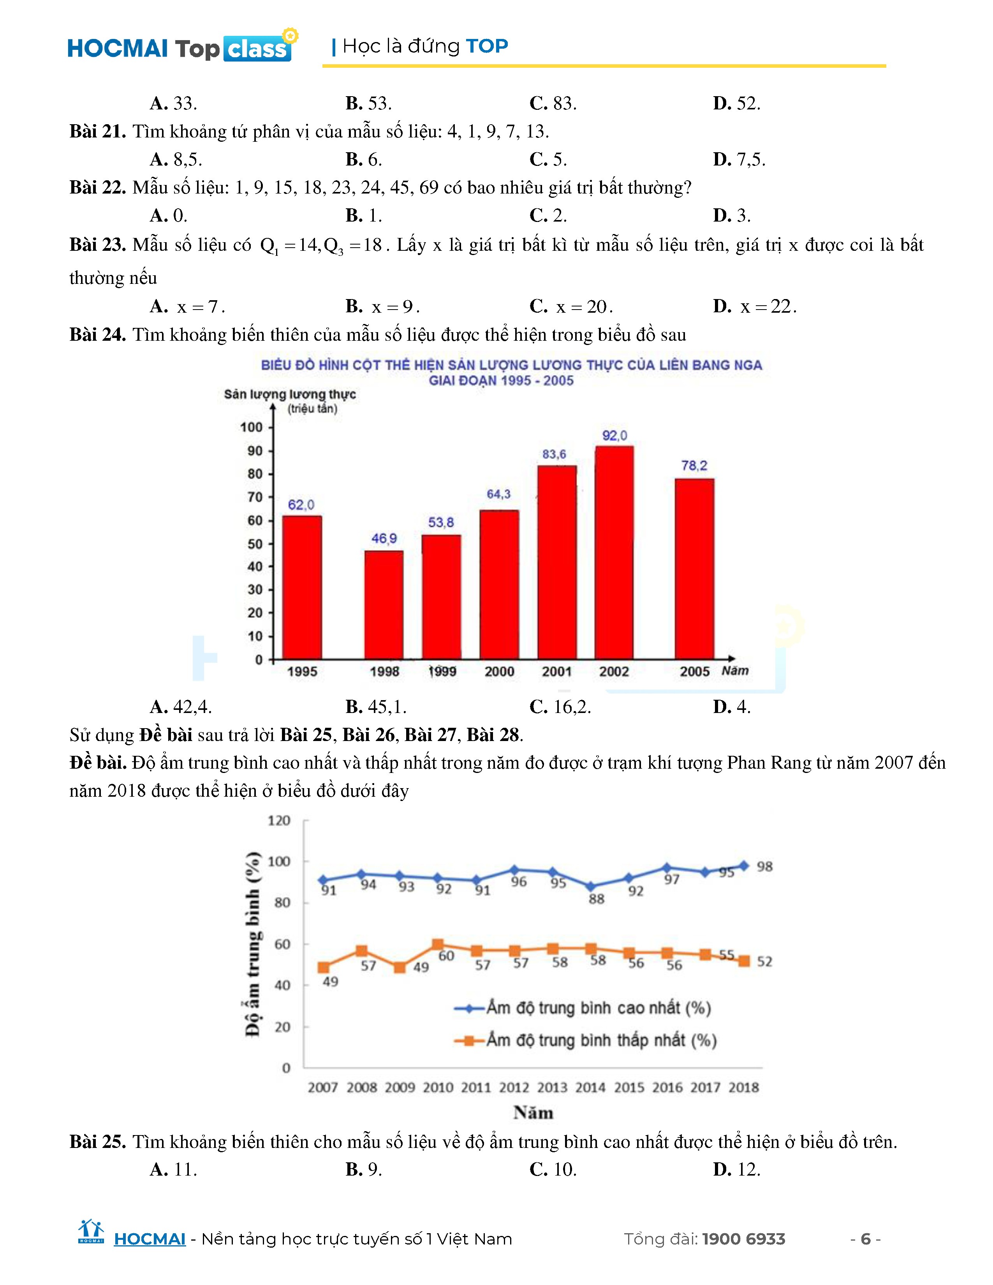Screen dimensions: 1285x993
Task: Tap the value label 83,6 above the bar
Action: (554, 454)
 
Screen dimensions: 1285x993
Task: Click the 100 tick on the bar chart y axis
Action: (251, 427)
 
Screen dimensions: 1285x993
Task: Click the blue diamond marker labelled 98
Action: (743, 866)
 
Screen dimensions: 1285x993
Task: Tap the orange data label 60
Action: (446, 956)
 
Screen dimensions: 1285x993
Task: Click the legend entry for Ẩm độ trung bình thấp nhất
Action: (600, 1040)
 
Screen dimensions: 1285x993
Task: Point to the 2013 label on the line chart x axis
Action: (552, 1087)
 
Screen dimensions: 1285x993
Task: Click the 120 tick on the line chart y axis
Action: (279, 821)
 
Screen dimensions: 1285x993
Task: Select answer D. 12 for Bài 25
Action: (736, 1169)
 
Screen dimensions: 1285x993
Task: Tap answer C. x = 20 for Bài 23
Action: (571, 306)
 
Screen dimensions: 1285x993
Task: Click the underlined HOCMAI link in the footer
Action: (150, 1239)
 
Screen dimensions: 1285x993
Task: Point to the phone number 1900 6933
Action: (743, 1239)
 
